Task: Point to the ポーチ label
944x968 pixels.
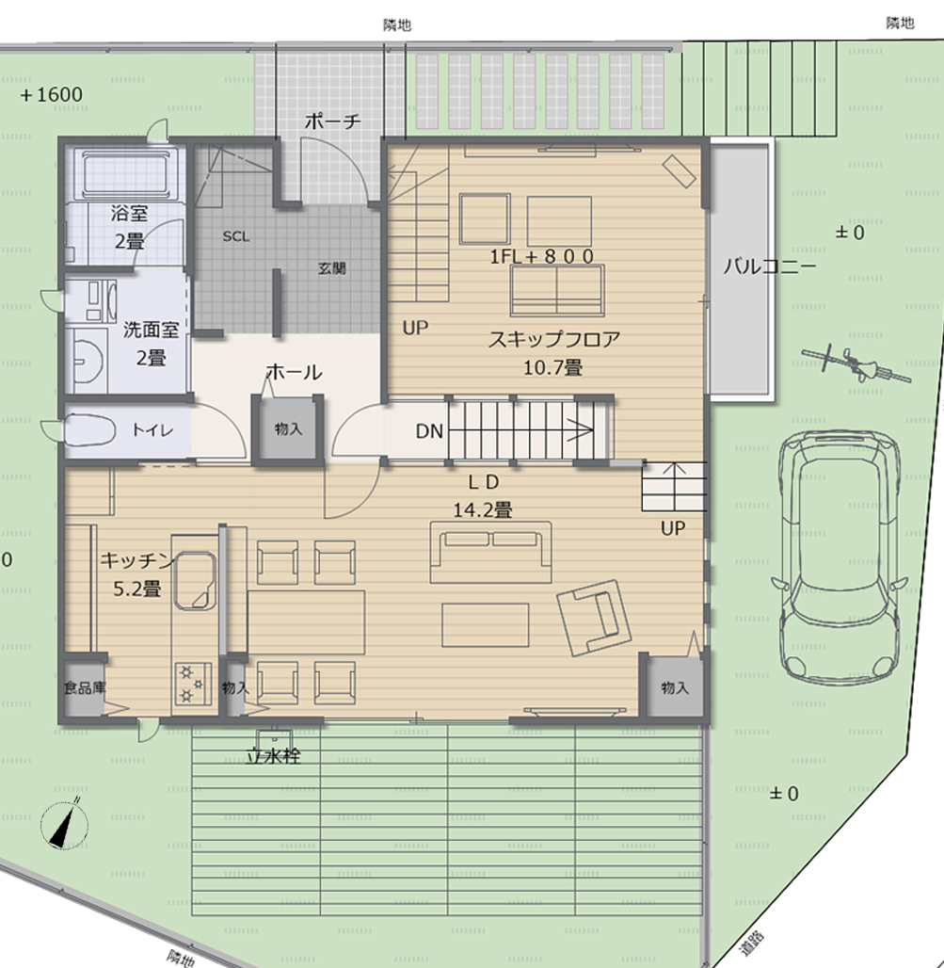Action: click(332, 121)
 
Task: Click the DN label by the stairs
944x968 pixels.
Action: click(429, 432)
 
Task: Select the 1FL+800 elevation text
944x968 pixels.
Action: click(541, 256)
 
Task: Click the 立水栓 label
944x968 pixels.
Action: click(273, 755)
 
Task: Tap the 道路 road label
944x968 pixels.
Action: click(753, 943)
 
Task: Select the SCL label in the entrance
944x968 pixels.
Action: click(236, 237)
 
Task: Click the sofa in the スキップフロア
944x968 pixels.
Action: click(557, 289)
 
